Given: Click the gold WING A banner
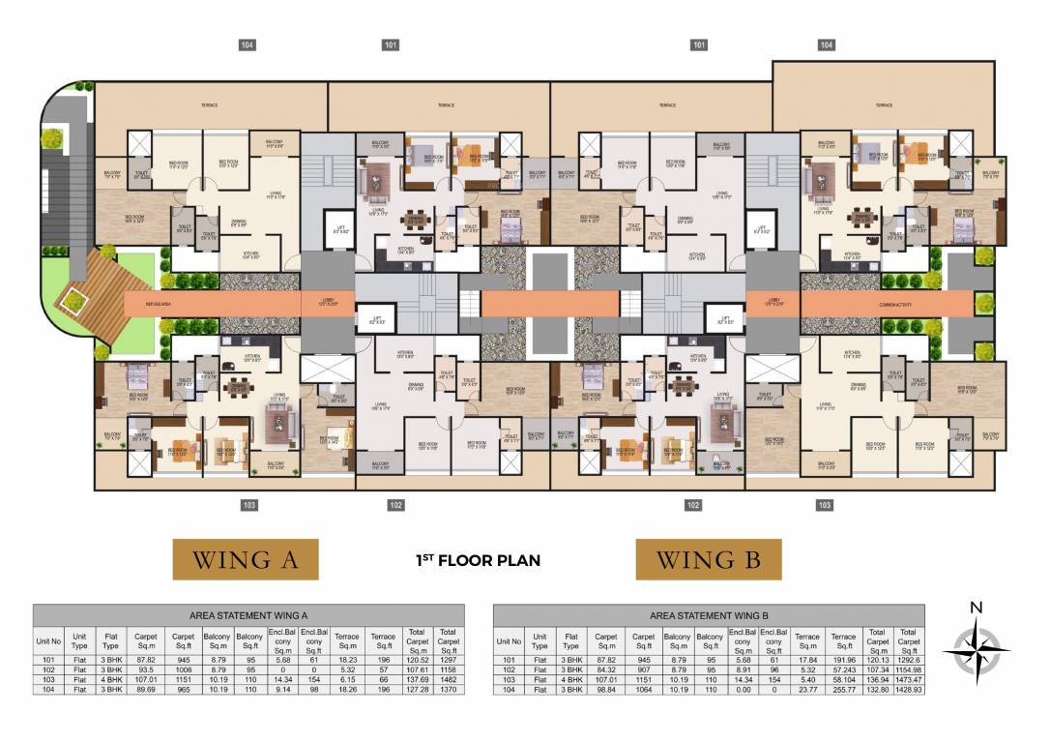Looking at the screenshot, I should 246,559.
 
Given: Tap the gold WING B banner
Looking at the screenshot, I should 708,559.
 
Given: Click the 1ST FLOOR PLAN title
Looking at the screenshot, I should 478,560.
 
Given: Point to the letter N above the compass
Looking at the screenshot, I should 977,608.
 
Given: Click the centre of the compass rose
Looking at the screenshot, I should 976,649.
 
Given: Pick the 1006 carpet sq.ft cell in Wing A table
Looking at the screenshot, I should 184,669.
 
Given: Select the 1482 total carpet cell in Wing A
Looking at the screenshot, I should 447,679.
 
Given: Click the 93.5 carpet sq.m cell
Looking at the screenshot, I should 146,669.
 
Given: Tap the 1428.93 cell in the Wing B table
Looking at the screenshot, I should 908,690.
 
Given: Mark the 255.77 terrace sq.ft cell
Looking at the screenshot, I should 843,690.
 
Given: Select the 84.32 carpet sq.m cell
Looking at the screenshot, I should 606,669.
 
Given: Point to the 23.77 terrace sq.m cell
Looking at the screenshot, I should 806,690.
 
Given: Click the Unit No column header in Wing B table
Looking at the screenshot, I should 510,640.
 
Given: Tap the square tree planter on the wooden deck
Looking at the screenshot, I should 71,303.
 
